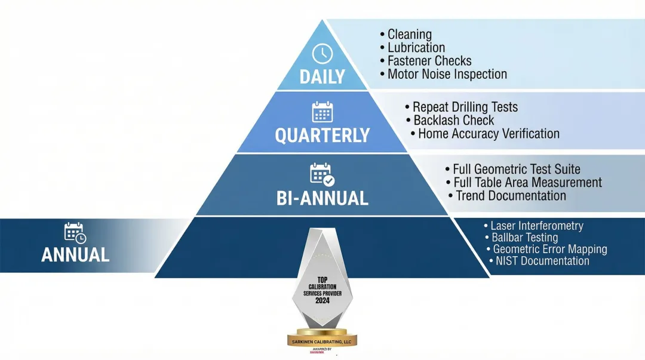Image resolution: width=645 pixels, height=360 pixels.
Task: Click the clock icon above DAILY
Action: coord(322,54)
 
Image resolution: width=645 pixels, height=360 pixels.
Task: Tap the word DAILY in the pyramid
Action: coord(322,77)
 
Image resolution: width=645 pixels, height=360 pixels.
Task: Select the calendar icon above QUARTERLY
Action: coord(322,112)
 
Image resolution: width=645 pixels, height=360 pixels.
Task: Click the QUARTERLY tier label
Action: coord(322,136)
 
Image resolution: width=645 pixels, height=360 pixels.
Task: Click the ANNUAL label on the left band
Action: coord(75,255)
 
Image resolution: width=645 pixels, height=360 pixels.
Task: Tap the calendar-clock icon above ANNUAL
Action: coord(75,232)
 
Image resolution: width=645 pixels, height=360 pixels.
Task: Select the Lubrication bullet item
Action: coord(416,48)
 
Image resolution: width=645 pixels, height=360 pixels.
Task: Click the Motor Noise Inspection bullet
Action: coord(447,75)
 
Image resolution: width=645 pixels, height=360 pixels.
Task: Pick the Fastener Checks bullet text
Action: coord(429,61)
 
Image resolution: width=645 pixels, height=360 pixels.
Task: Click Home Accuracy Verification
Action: coord(489,134)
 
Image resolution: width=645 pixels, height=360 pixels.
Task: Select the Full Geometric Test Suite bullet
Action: coord(516,170)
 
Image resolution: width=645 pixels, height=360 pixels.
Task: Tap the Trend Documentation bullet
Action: coord(511,196)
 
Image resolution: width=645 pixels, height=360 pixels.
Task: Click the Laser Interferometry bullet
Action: coord(536,226)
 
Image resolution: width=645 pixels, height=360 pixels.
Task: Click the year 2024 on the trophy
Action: coord(322,301)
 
